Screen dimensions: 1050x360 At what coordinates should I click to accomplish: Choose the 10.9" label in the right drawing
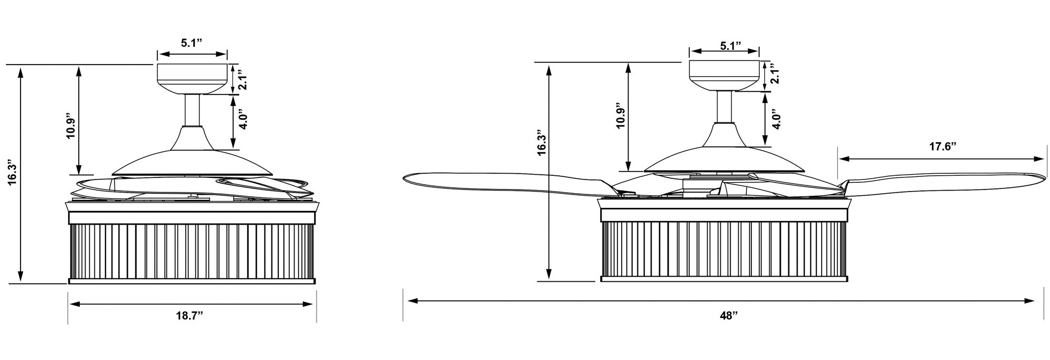tap(621, 115)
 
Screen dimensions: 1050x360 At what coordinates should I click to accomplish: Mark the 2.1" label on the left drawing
tap(243, 80)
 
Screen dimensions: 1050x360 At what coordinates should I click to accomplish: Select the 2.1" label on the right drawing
tap(775, 73)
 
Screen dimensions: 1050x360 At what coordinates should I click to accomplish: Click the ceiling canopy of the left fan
tap(193, 79)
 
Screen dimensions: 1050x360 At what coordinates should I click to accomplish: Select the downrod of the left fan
tap(193, 111)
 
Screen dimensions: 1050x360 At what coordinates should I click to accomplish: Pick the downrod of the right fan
tap(725, 107)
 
